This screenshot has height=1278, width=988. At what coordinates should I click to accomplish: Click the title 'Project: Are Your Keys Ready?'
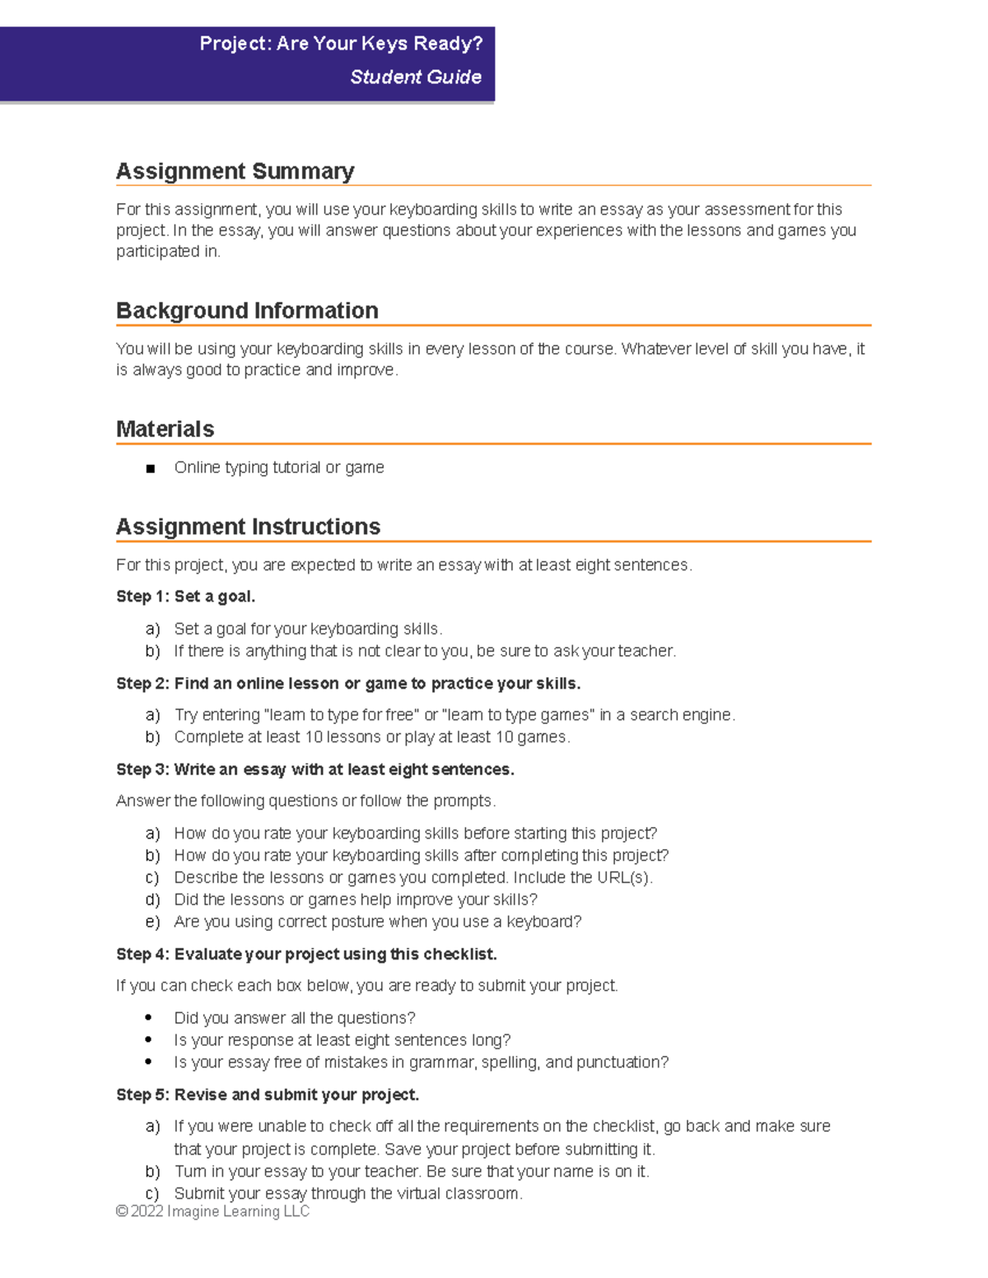(340, 44)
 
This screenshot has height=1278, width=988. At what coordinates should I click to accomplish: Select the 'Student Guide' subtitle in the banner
(415, 77)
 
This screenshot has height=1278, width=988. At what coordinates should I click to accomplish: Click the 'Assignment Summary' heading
(235, 171)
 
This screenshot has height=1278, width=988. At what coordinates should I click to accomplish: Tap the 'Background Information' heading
(247, 311)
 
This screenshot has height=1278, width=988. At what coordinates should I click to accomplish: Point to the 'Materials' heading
(165, 430)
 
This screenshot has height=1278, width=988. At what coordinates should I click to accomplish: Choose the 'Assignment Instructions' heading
(248, 527)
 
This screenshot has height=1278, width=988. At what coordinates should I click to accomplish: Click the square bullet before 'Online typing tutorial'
(150, 469)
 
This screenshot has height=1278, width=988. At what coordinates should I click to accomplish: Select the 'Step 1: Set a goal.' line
(185, 597)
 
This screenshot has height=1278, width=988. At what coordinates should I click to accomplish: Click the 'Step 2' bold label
(142, 684)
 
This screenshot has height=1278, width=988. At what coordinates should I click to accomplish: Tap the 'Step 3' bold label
(142, 769)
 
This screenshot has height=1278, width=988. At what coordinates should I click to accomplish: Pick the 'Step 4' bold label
(142, 955)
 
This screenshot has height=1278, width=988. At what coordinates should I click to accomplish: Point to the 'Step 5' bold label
(142, 1095)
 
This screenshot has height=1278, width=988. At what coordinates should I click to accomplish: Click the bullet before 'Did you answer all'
(148, 1018)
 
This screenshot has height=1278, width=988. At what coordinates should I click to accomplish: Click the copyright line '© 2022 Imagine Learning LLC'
(212, 1211)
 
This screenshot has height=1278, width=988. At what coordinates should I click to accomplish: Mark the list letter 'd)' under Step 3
(152, 900)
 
